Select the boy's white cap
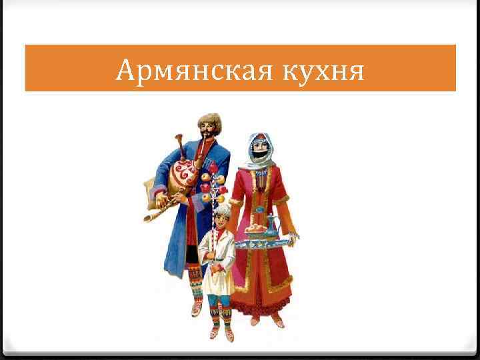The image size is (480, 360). pyautogui.click(x=222, y=209)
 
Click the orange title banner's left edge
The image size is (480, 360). pyautogui.click(x=27, y=68)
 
